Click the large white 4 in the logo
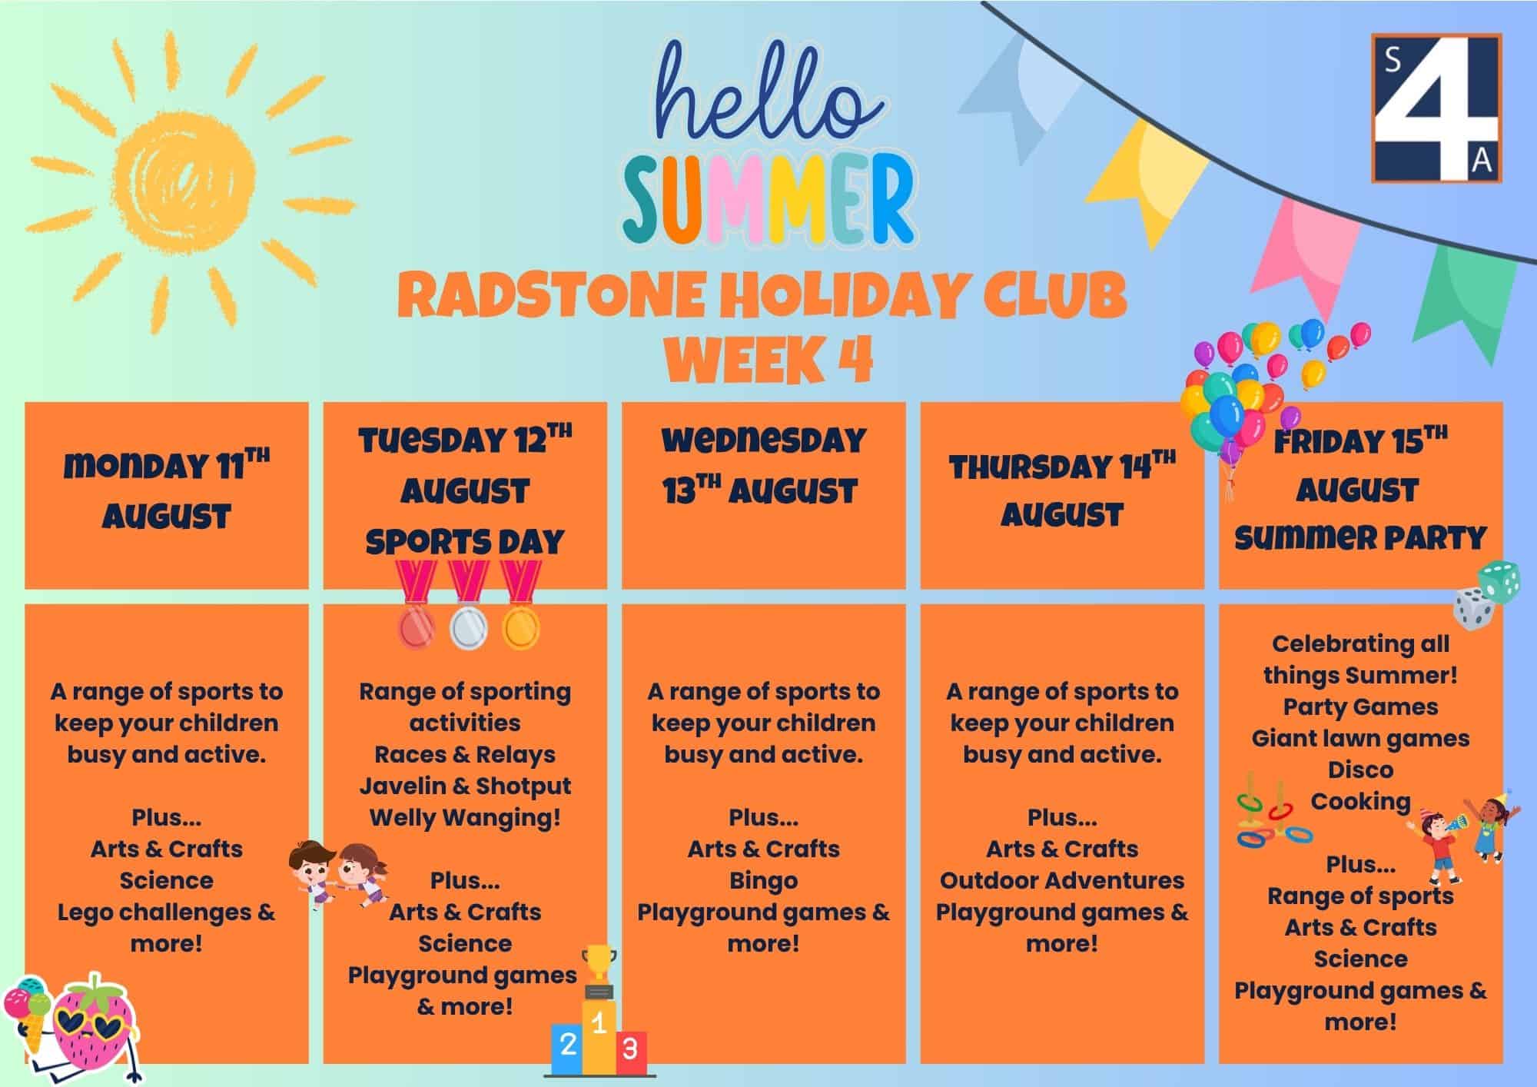(1436, 108)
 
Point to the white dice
(1473, 610)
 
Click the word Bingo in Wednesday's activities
(763, 880)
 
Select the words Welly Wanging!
(465, 817)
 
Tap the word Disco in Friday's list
(1360, 770)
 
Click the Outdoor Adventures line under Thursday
(1062, 880)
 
